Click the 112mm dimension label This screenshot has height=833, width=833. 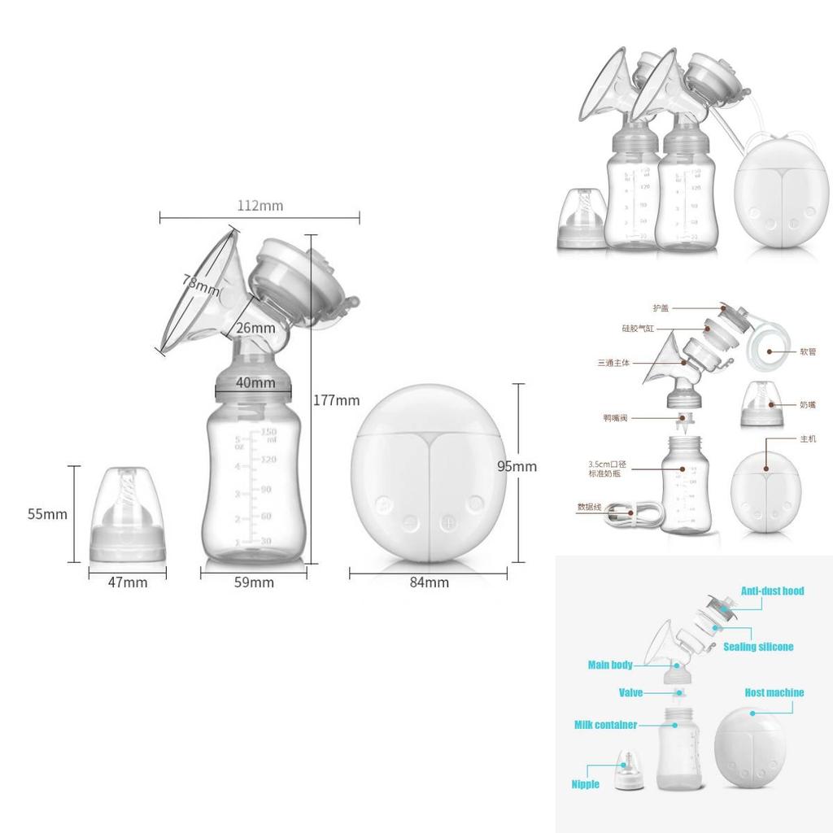(x=260, y=206)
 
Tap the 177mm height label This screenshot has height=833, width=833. (x=336, y=400)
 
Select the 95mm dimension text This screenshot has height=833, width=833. (x=517, y=466)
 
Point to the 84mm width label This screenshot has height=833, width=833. (x=429, y=582)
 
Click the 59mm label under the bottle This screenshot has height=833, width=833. (x=254, y=582)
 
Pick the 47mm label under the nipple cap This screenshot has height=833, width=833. (x=128, y=582)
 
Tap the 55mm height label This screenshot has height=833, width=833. (x=47, y=514)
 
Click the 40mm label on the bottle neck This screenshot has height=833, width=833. (x=255, y=382)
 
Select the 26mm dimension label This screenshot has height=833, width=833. (x=255, y=328)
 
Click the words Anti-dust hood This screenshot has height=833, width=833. (x=771, y=591)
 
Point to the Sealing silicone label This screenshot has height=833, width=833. (x=758, y=647)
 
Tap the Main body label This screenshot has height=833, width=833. (x=610, y=665)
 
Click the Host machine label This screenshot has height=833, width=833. (x=774, y=693)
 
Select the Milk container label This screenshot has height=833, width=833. (x=605, y=725)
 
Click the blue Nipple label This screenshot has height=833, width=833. (x=585, y=784)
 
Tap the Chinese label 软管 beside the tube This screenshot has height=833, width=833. (x=807, y=352)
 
